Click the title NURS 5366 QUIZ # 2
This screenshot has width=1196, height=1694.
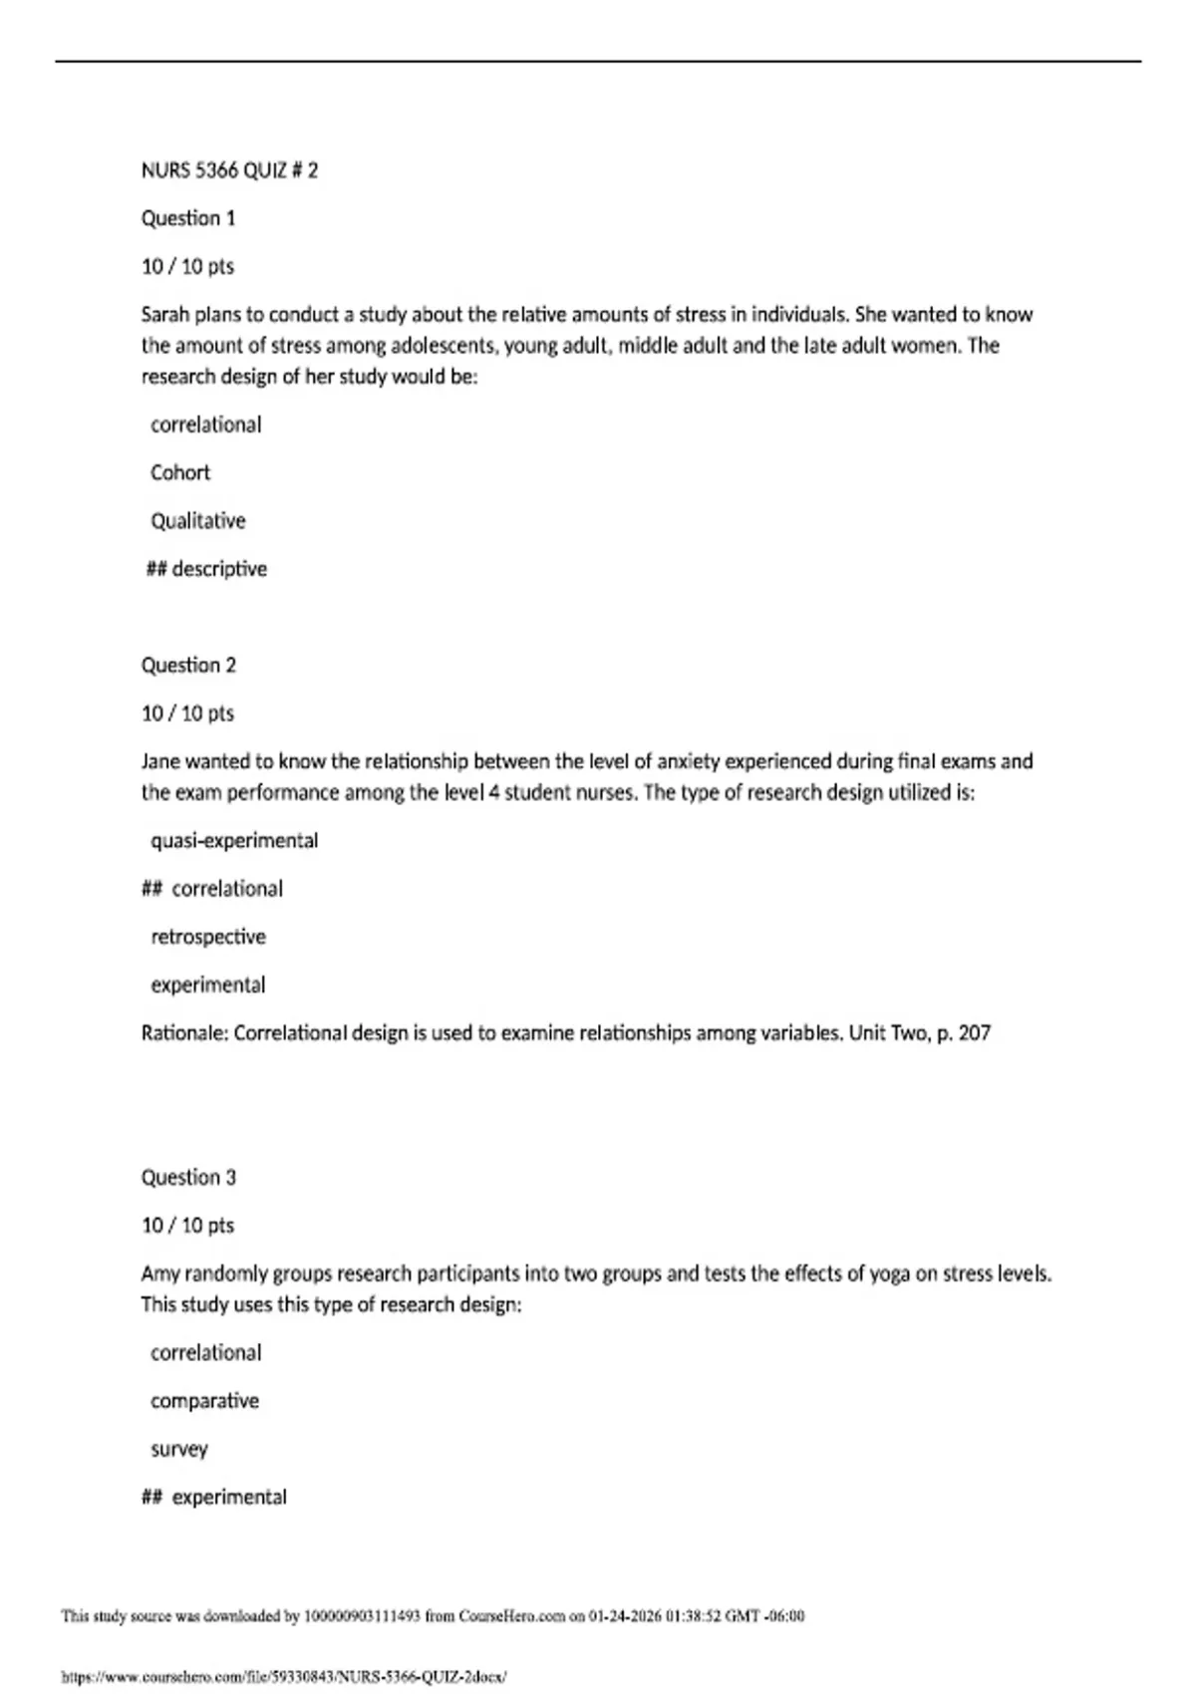coord(229,170)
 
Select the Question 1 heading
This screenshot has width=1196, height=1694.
coord(188,218)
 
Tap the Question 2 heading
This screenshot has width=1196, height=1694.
coord(188,666)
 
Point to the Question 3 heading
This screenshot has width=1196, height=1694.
coord(188,1178)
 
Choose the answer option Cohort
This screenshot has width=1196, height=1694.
coord(180,472)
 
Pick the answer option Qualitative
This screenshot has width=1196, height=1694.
coord(197,521)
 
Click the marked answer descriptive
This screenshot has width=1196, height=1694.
coord(219,569)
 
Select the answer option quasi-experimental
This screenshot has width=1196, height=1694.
coord(234,841)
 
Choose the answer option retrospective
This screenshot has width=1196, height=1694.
coord(208,937)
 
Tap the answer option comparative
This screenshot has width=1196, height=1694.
coord(204,1401)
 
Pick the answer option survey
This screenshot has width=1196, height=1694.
coord(179,1450)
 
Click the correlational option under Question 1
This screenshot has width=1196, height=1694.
coord(206,424)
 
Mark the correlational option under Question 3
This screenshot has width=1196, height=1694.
coord(206,1353)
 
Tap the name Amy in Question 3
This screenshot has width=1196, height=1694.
coord(159,1273)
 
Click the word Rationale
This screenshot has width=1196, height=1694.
coord(184,1033)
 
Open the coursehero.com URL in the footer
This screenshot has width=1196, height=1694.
coord(284,1677)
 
